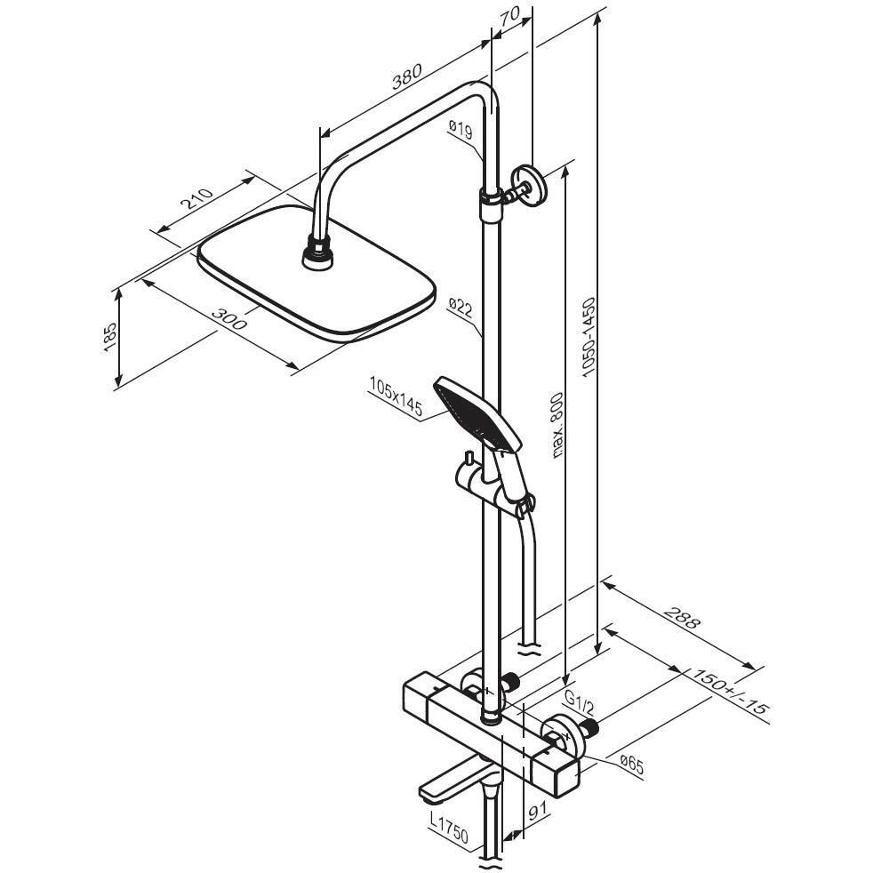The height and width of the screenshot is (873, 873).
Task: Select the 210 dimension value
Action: (198, 197)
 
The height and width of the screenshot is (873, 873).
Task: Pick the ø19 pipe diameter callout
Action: (460, 129)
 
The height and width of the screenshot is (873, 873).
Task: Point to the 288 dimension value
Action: (683, 618)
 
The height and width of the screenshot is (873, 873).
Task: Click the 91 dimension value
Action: (536, 811)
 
